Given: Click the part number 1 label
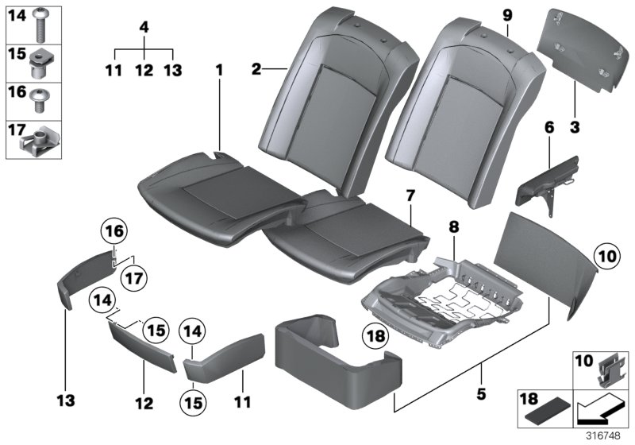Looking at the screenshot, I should point(218,72).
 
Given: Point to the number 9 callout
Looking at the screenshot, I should point(508,14).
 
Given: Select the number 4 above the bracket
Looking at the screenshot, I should point(144,27).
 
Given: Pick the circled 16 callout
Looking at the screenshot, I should point(114,232).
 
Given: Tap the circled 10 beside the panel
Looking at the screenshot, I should point(607,257).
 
